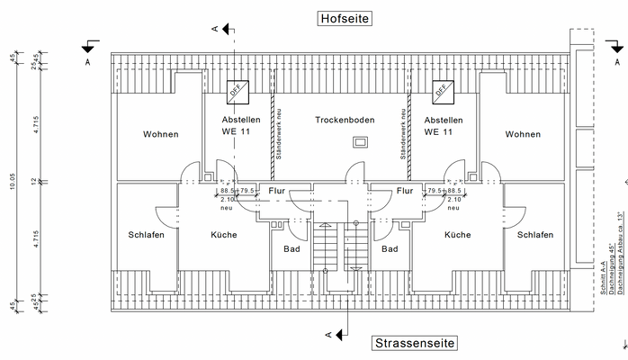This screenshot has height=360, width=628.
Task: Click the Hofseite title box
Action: coord(344,18)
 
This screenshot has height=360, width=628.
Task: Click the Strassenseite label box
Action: coord(414,343)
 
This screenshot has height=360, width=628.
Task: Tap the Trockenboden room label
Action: coord(345,120)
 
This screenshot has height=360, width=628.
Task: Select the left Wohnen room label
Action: coord(160,135)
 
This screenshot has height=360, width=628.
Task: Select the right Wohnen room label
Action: coord(523,135)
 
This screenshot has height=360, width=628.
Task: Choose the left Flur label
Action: coord(276,191)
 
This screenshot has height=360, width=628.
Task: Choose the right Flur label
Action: coord(405,191)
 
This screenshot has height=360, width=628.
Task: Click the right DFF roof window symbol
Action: coord(443,90)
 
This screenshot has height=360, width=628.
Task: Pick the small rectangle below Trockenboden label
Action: coord(361,141)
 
